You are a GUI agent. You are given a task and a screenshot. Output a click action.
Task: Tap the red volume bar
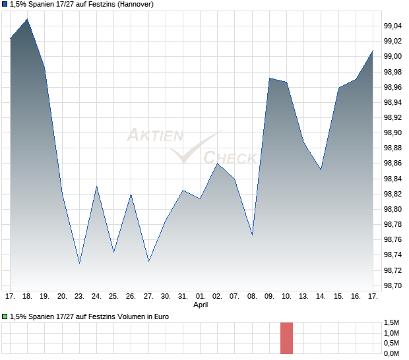point(286,338)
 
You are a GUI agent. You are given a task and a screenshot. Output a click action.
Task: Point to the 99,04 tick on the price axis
point(393,26)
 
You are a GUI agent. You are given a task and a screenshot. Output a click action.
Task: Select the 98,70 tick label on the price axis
point(393,285)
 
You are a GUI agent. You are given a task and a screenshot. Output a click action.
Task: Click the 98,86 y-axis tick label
point(393,163)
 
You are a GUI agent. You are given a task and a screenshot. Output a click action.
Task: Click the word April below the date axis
point(201,305)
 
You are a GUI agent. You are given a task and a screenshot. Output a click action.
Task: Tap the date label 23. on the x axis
point(79,297)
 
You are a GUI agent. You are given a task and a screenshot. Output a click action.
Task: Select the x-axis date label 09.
point(269,297)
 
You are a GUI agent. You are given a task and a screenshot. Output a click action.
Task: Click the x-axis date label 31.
point(183,297)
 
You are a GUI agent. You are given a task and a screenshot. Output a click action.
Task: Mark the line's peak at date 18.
point(27,19)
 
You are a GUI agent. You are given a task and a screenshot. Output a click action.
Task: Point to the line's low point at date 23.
point(79,263)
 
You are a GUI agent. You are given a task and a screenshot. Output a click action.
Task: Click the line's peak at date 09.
point(269,78)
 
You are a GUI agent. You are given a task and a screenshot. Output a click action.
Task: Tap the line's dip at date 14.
point(321,169)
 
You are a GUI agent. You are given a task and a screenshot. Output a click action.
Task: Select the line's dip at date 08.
point(252,235)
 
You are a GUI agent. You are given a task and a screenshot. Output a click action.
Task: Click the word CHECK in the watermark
point(230,158)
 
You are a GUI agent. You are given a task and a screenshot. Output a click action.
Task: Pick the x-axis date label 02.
point(217,297)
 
